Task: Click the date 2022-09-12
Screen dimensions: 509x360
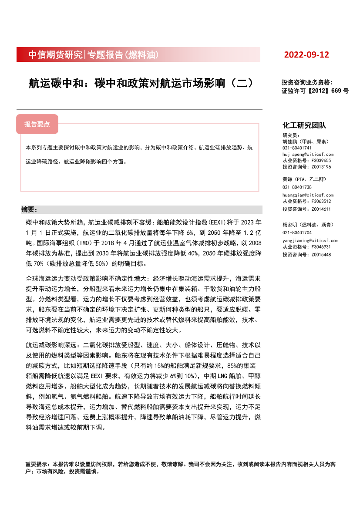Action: (306, 55)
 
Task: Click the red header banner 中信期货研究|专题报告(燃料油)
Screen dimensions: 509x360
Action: (93, 55)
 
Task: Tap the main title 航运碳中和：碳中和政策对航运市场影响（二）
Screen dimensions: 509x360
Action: (141, 83)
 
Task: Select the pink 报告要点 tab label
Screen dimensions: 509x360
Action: (37, 124)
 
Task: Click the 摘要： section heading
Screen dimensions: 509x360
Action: (30, 209)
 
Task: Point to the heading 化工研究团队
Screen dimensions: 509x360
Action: (304, 125)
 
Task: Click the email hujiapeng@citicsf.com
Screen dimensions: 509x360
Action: (308, 155)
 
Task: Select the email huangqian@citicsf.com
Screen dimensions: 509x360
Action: (308, 196)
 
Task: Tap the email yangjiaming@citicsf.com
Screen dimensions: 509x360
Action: (310, 240)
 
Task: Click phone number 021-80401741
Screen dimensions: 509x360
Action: (297, 148)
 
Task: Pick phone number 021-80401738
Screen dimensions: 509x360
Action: (297, 187)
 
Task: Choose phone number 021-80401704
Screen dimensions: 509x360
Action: (297, 233)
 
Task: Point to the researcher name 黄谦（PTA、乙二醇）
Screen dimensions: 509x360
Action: (304, 179)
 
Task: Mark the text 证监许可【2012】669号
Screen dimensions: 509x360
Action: (315, 91)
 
